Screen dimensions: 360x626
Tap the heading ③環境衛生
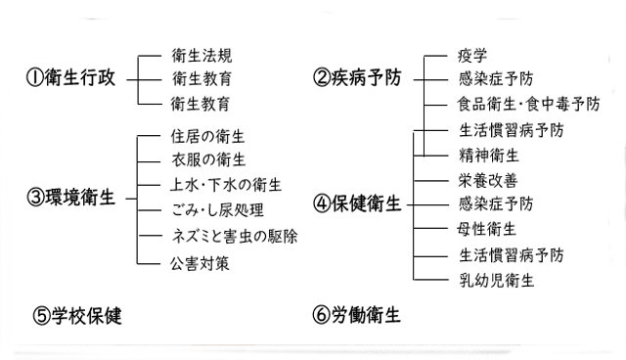tap(71, 197)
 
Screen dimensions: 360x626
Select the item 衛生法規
tap(202, 56)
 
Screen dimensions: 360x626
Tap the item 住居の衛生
tap(209, 136)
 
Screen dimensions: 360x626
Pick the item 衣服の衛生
tap(209, 160)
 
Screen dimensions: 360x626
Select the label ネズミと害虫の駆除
tap(234, 237)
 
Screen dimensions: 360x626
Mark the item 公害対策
tap(201, 262)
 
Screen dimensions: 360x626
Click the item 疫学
tap(472, 56)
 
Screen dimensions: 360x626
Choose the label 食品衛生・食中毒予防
tap(528, 104)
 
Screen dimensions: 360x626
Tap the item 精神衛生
tap(488, 155)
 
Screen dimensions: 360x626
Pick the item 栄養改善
tap(488, 180)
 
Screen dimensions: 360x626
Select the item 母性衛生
tap(488, 230)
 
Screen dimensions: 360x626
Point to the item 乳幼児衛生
tap(496, 281)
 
